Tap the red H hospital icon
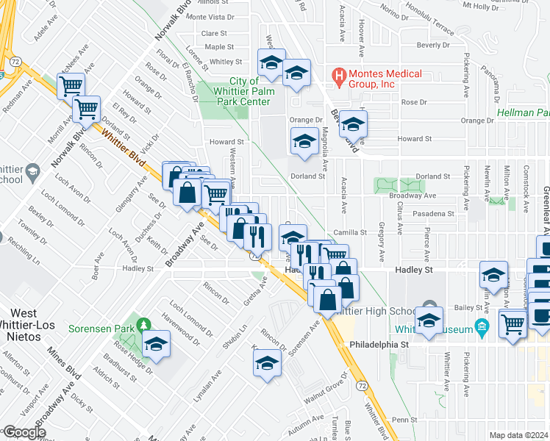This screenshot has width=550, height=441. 339,74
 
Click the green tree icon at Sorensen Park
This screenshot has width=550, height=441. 145,324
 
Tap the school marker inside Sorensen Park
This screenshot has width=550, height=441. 156,344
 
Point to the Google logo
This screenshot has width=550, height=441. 24,432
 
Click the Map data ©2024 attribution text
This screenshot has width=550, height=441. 518,434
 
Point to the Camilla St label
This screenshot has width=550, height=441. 349,232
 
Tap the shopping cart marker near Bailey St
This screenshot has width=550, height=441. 512,323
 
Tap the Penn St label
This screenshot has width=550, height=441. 404,420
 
